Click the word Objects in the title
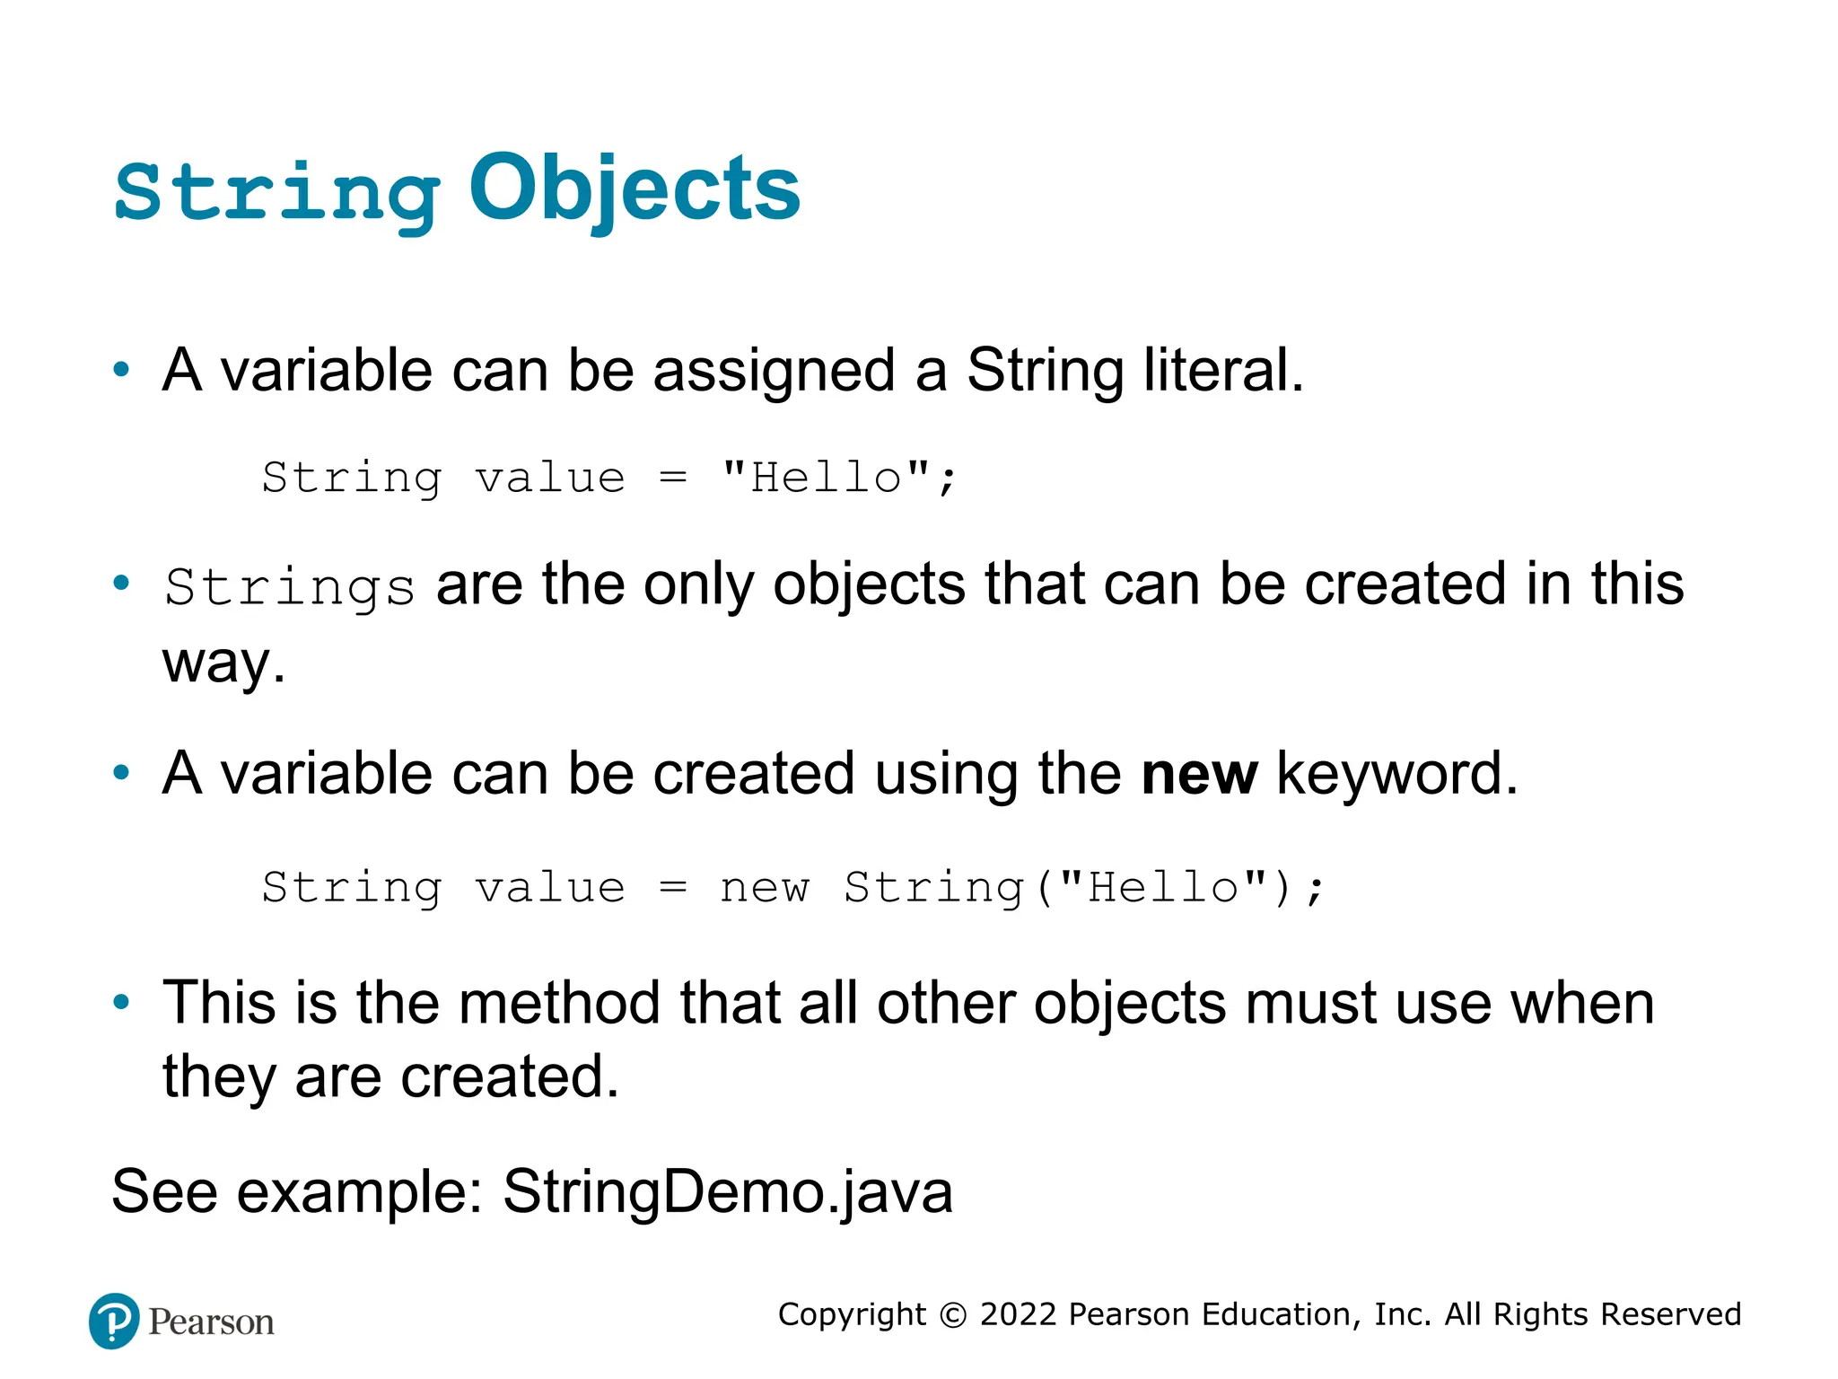coord(634,190)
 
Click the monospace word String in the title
coord(276,194)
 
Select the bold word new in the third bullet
coord(1199,774)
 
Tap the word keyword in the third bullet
coord(1396,774)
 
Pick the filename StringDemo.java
coord(727,1192)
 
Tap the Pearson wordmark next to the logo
coord(211,1322)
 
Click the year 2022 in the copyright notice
coord(1018,1314)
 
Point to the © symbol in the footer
coord(953,1315)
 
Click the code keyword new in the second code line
coord(765,888)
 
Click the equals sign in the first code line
coord(673,477)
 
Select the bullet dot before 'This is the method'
coord(122,1002)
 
